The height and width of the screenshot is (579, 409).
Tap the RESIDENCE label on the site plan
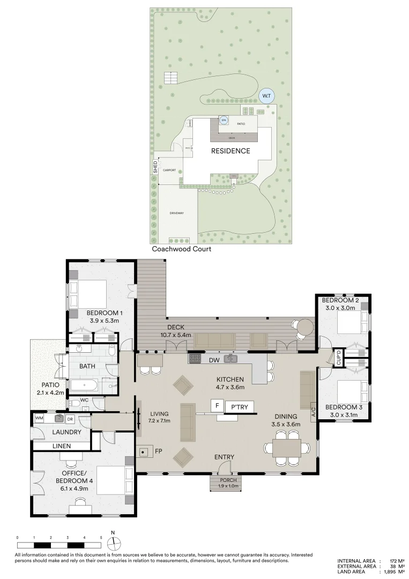[230, 151]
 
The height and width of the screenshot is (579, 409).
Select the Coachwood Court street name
[181, 249]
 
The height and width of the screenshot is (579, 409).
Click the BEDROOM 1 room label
[105, 313]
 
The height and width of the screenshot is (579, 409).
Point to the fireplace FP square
[144, 451]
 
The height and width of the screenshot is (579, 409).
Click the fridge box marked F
[217, 406]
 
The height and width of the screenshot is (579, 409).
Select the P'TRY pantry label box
[240, 407]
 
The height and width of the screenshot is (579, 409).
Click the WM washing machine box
[39, 418]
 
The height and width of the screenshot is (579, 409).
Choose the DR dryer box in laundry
[70, 418]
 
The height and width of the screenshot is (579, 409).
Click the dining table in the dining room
[287, 448]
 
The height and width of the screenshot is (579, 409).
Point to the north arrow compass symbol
[113, 541]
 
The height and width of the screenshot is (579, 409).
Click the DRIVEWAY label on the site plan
[177, 213]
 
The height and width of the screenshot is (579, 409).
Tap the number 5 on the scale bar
[101, 537]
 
